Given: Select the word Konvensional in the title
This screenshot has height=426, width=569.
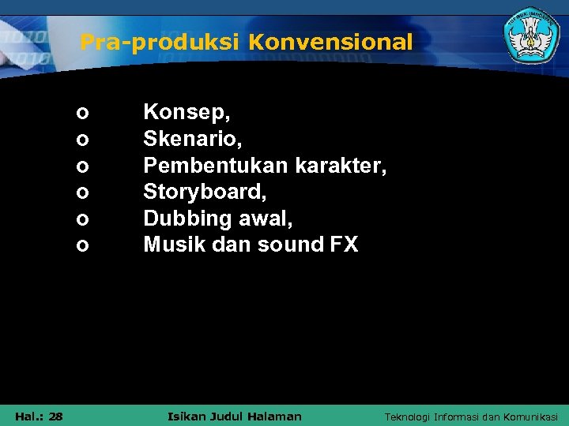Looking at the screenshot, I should pyautogui.click(x=330, y=42).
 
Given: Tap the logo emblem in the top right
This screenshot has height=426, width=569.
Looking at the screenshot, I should pyautogui.click(x=531, y=38).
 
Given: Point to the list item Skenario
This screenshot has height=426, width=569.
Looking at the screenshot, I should pyautogui.click(x=193, y=140).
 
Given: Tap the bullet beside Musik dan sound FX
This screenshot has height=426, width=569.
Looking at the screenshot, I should pyautogui.click(x=82, y=246).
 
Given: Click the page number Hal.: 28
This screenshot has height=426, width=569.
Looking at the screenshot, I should pyautogui.click(x=39, y=416).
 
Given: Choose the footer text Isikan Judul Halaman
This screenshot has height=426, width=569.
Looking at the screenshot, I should pyautogui.click(x=235, y=416).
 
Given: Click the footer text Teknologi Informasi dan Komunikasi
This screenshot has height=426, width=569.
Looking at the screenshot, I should pyautogui.click(x=470, y=416).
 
